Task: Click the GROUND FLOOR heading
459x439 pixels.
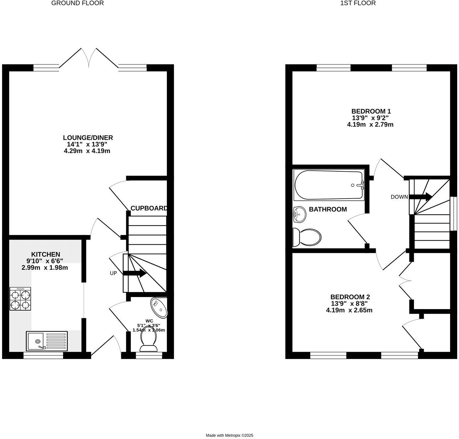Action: [x=78, y=3]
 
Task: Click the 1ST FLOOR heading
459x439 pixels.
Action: [x=358, y=3]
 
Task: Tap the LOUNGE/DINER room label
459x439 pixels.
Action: [x=88, y=138]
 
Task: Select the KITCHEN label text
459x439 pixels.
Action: [x=46, y=254]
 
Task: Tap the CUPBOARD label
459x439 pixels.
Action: [x=148, y=208]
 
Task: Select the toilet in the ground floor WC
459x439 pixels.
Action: [x=148, y=342]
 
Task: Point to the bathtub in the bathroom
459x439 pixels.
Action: [x=329, y=185]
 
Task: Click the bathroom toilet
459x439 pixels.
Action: [x=307, y=236]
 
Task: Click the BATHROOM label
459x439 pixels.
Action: [x=328, y=209]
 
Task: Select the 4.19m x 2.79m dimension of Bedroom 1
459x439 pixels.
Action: [x=370, y=125]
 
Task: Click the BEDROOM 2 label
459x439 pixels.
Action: [x=350, y=297]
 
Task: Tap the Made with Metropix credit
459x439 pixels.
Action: [x=229, y=435]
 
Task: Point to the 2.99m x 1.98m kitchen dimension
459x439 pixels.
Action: [x=45, y=268]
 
